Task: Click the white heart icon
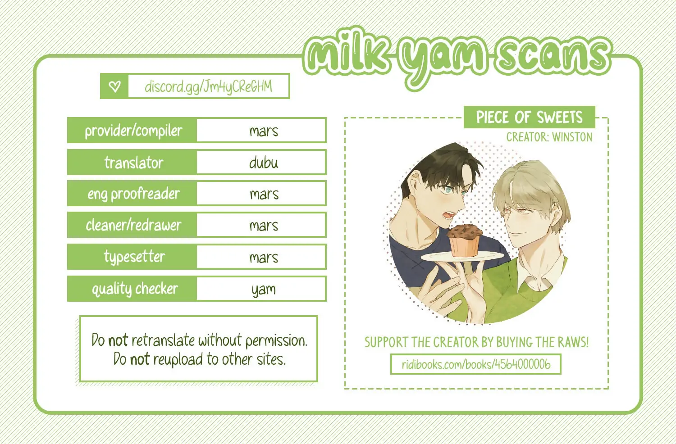point(114,86)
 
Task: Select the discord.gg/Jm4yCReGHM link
point(208,87)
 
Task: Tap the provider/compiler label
point(133,131)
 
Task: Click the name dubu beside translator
point(264,163)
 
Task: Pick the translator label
point(134,163)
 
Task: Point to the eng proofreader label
point(133,194)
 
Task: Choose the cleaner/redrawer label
point(133,225)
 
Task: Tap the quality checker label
point(135,289)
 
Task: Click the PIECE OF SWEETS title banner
point(530,117)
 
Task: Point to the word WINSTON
point(572,137)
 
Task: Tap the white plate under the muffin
point(462,257)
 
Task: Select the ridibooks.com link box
point(475,364)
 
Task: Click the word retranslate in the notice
point(163,340)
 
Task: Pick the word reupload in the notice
point(178,360)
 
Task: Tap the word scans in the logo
point(553,57)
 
